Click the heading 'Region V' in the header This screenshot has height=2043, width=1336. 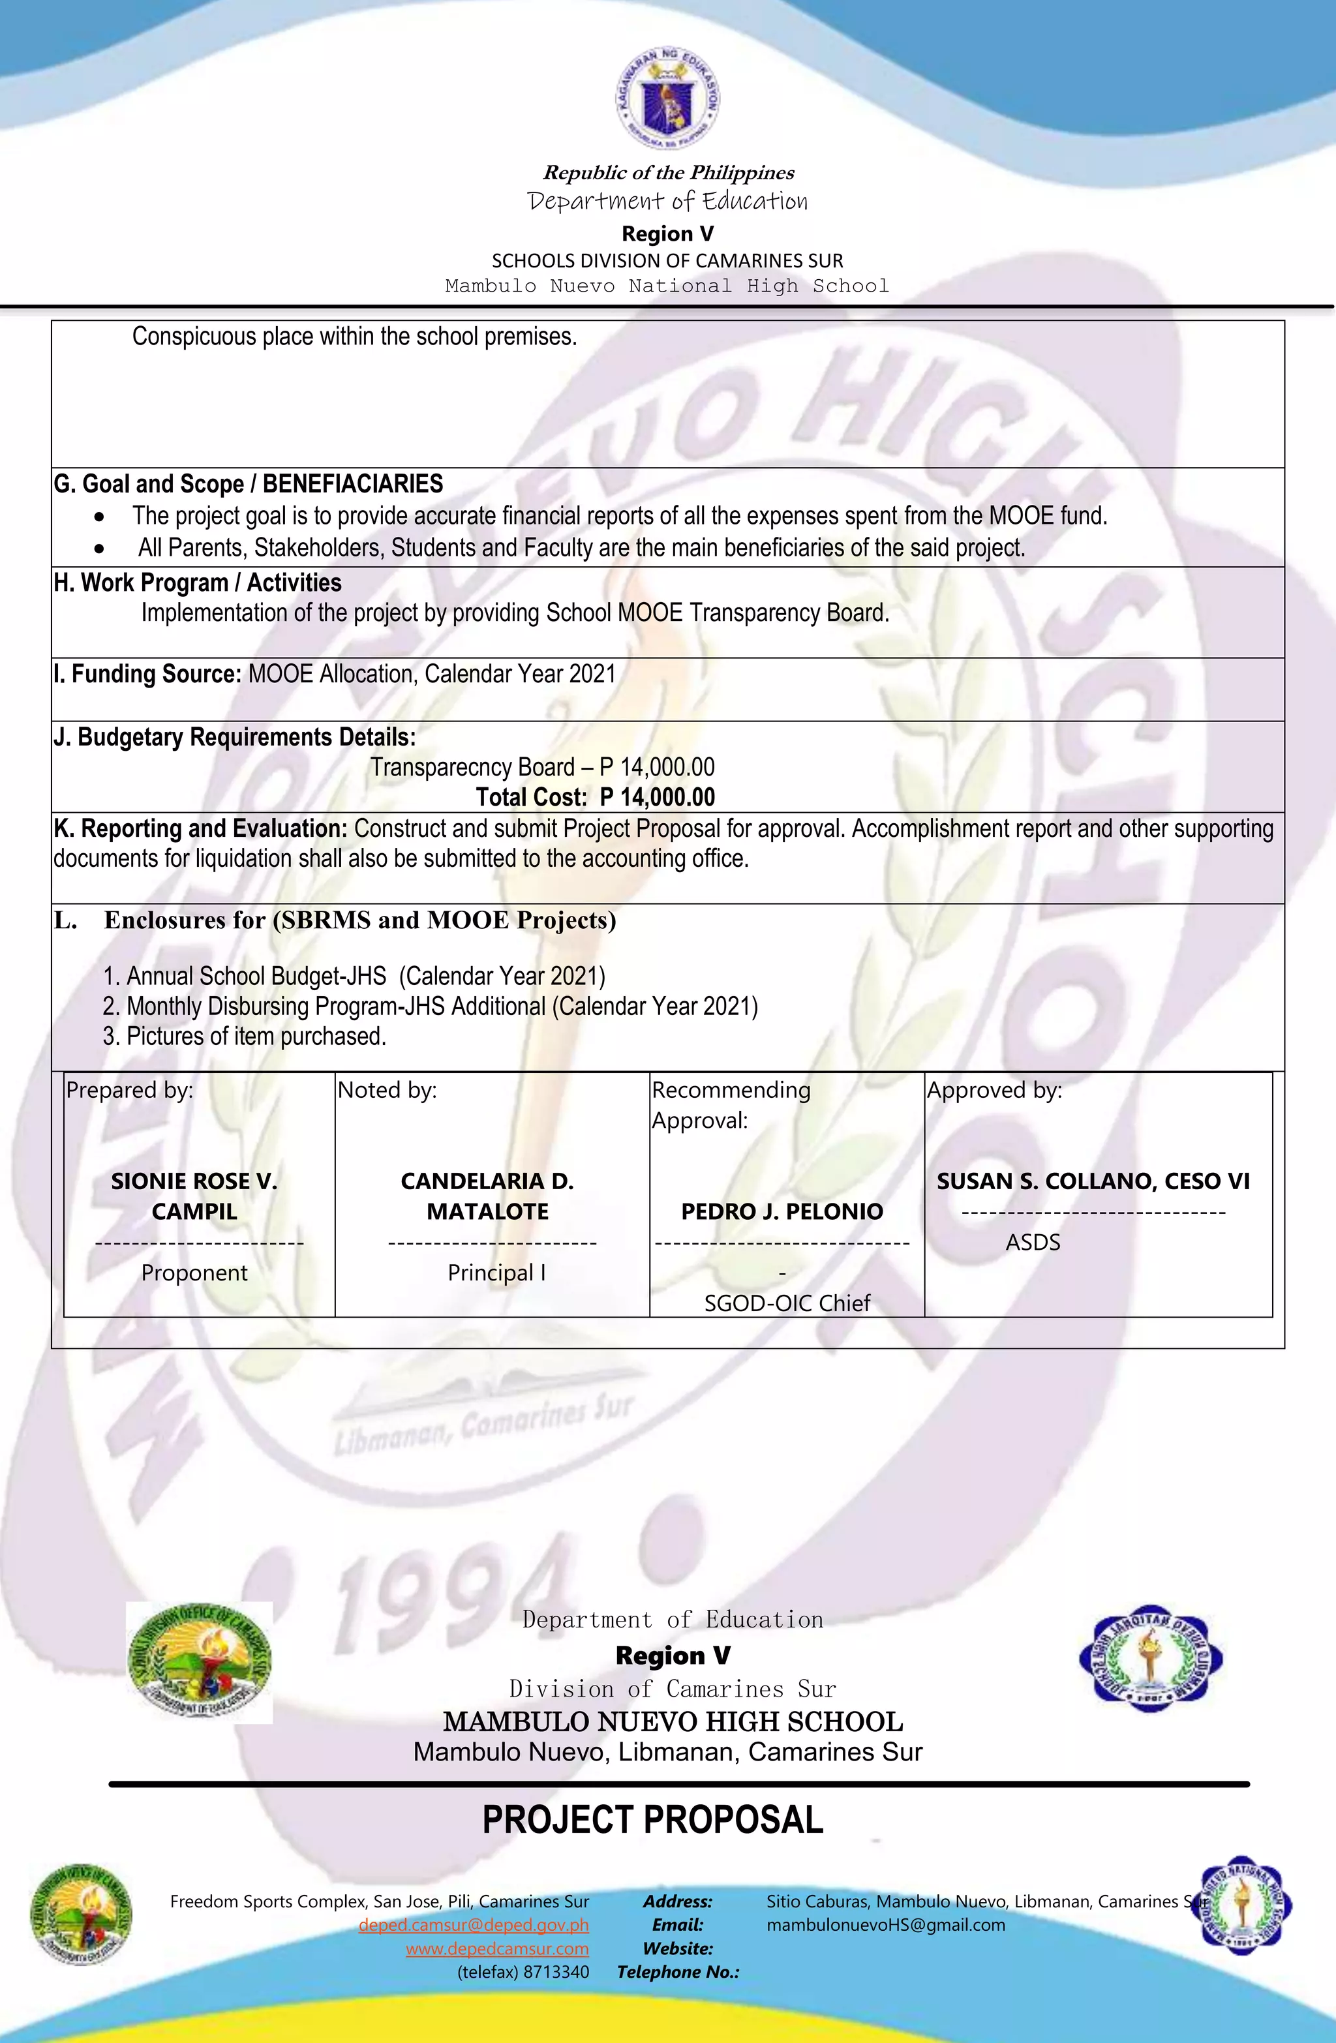(667, 234)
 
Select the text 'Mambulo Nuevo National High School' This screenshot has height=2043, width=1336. (667, 286)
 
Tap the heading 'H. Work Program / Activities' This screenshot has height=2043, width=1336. (198, 583)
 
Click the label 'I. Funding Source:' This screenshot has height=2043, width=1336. (147, 674)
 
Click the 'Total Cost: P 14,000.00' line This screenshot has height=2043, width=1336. (595, 798)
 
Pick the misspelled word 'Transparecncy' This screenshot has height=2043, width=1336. (472, 767)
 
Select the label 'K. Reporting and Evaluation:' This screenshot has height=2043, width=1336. (200, 828)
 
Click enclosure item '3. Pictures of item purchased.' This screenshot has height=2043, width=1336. (245, 1036)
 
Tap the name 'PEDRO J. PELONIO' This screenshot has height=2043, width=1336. (782, 1211)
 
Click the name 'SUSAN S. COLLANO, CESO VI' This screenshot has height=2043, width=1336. (1093, 1181)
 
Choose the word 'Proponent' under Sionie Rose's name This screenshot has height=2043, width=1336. (194, 1272)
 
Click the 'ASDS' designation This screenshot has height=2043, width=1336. (1033, 1242)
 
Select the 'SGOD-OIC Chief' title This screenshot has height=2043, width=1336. (787, 1303)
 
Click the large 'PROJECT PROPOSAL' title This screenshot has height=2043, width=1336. (652, 1820)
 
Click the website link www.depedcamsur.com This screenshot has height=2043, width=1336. (497, 1948)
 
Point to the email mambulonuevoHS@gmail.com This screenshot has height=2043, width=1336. (885, 1926)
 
